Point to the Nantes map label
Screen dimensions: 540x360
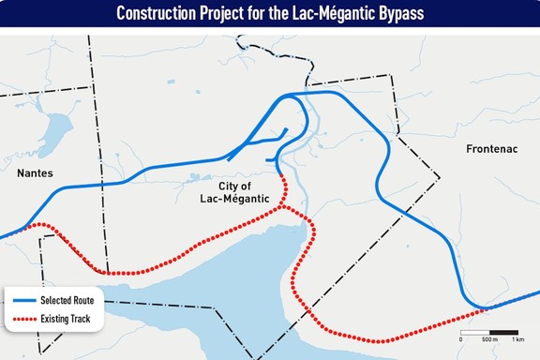click(36, 173)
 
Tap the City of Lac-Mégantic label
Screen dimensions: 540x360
click(235, 191)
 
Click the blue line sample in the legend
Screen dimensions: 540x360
click(22, 301)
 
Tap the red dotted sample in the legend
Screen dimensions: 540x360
click(22, 320)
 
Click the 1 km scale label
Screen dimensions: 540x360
click(517, 340)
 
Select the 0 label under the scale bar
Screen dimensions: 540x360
click(461, 340)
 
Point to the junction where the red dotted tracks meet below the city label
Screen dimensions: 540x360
click(284, 208)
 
